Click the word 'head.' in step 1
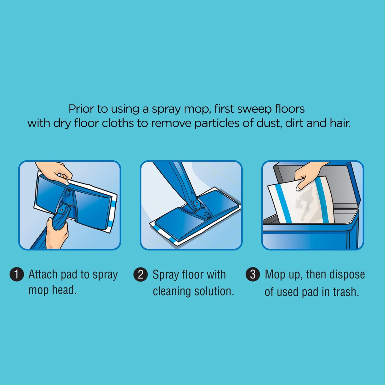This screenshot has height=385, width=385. (x=64, y=290)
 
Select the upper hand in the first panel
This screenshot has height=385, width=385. (x=54, y=172)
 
